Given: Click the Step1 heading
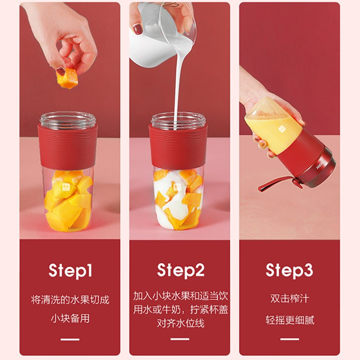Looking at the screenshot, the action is [70, 271].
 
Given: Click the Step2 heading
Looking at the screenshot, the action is [181, 270].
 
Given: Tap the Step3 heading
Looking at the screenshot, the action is [289, 270].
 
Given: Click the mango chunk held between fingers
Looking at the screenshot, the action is [67, 78].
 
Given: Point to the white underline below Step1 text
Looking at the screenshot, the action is [70, 339].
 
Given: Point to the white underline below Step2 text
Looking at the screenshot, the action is [180, 339].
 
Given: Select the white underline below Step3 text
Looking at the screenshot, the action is [289, 339].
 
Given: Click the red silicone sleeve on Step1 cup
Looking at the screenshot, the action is [67, 147].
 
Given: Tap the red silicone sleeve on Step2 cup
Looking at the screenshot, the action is [178, 147].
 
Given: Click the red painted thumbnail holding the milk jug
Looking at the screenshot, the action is [138, 29].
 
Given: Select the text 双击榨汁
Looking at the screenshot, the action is [290, 298].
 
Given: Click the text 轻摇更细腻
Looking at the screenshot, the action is [290, 320].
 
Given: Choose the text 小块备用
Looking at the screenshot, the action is [70, 319].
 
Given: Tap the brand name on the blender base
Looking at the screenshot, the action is [319, 167].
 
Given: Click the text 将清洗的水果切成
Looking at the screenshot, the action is [70, 300].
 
